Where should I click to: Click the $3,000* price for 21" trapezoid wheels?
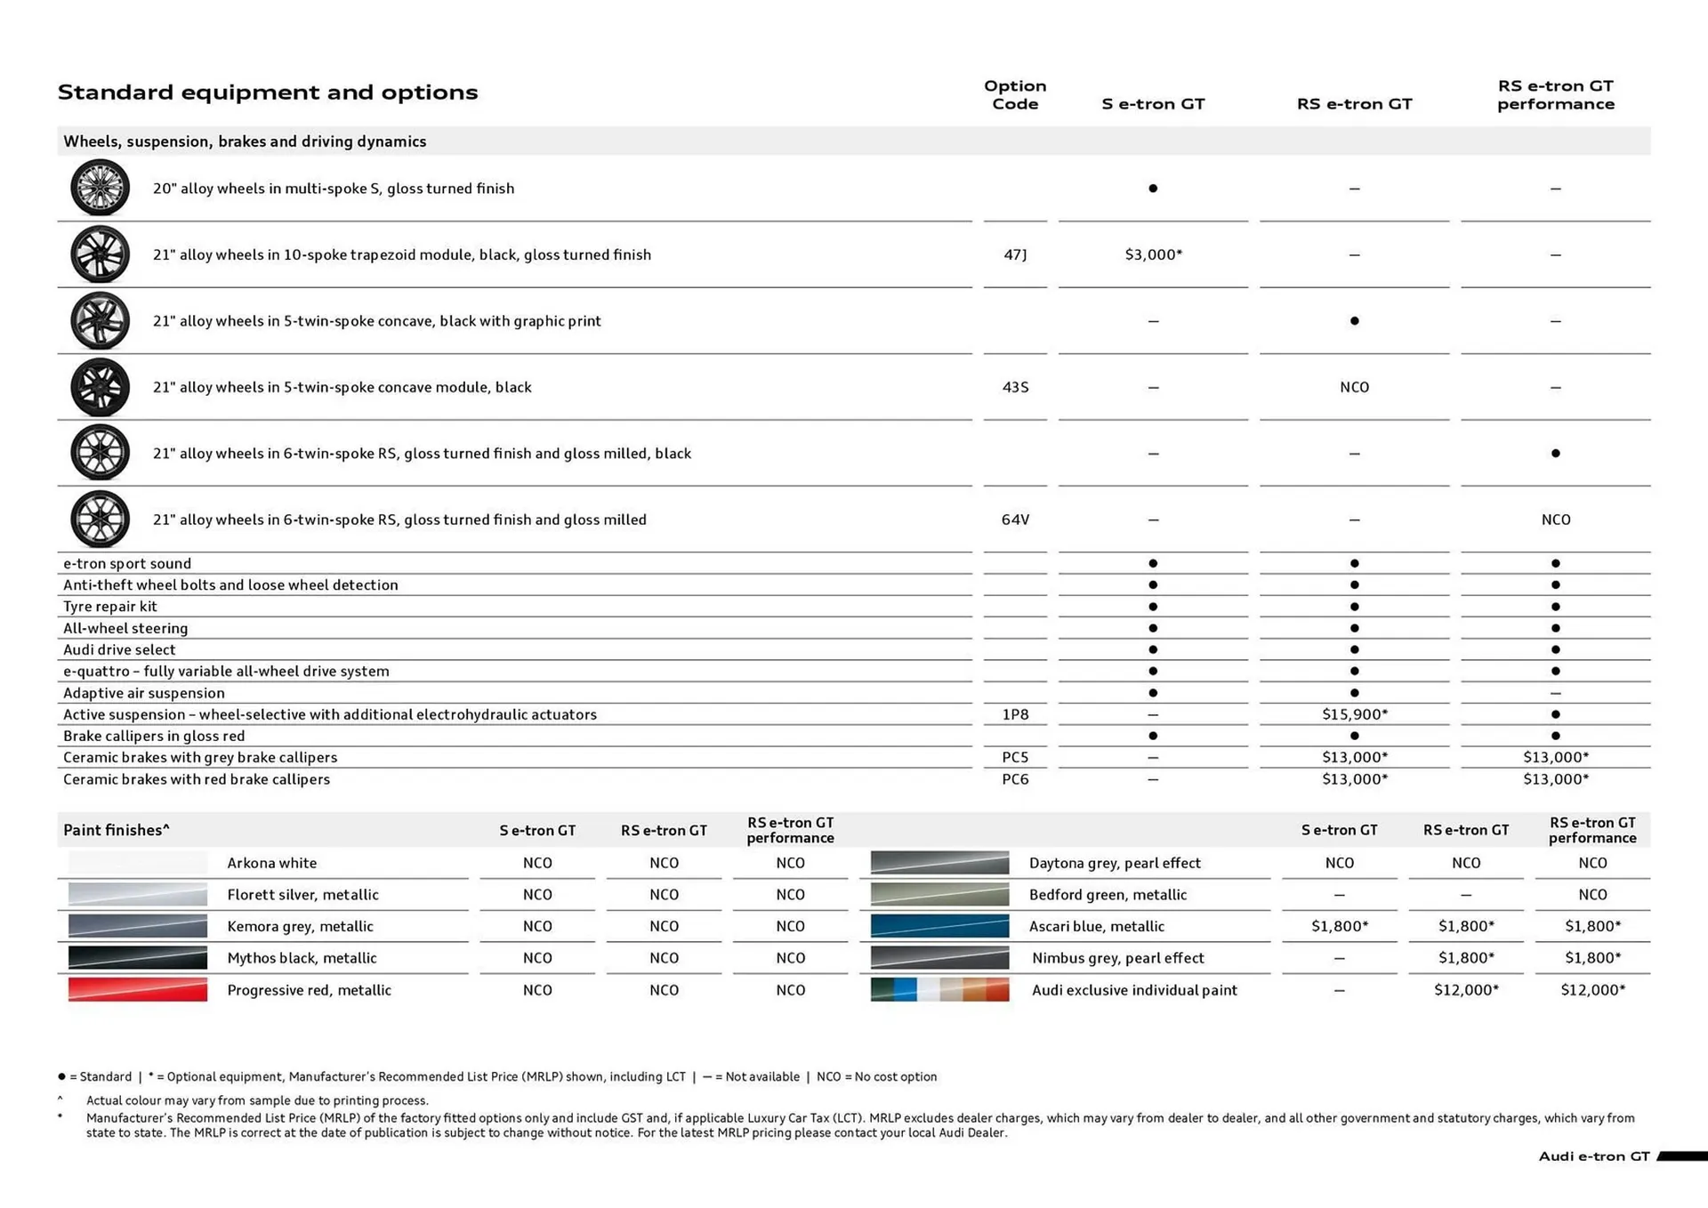pyautogui.click(x=1153, y=254)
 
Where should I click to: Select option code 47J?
pyautogui.click(x=1015, y=254)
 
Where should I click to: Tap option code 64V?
pyautogui.click(x=1015, y=519)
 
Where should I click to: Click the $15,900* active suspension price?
pyautogui.click(x=1354, y=714)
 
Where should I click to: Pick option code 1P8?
pyautogui.click(x=1015, y=714)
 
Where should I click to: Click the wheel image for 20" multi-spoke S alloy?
pyautogui.click(x=100, y=188)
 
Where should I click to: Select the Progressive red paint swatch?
pyautogui.click(x=138, y=989)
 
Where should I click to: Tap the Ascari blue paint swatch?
pyautogui.click(x=939, y=926)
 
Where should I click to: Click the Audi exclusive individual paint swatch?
pyautogui.click(x=939, y=989)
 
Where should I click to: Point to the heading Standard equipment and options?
pyautogui.click(x=268, y=93)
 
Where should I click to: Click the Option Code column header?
pyautogui.click(x=1015, y=94)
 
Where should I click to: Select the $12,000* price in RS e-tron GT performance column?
pyautogui.click(x=1592, y=989)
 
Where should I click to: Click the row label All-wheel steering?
pyautogui.click(x=125, y=628)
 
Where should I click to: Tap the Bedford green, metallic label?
pyautogui.click(x=1108, y=894)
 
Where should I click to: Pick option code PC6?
pyautogui.click(x=1015, y=779)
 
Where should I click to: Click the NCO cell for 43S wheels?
pyautogui.click(x=1354, y=387)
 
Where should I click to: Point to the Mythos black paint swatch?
pyautogui.click(x=138, y=958)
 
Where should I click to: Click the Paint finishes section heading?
pyautogui.click(x=117, y=830)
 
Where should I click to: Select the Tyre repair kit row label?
pyautogui.click(x=110, y=607)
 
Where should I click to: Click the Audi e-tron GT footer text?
pyautogui.click(x=1593, y=1156)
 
